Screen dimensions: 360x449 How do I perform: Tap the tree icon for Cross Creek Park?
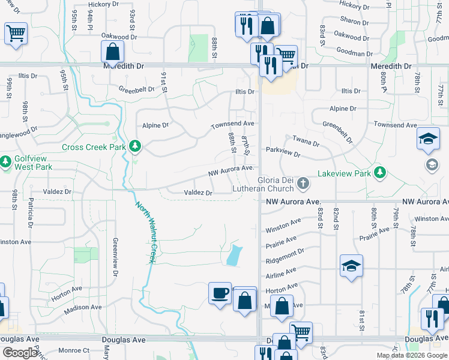pos(136,146)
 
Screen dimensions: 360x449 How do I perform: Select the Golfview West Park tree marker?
pos(6,161)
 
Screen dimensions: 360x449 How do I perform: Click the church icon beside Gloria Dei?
pos(304,182)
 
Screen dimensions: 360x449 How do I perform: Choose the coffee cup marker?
pos(220,293)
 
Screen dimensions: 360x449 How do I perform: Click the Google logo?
pos(20,352)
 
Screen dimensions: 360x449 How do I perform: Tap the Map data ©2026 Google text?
pos(412,355)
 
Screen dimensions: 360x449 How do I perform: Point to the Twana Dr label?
pos(306,141)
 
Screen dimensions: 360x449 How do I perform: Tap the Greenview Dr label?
pos(114,256)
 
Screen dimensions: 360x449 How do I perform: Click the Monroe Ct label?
pos(77,350)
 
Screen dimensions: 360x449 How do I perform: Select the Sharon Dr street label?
pos(351,22)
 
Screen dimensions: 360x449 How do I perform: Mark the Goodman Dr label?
pos(355,52)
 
